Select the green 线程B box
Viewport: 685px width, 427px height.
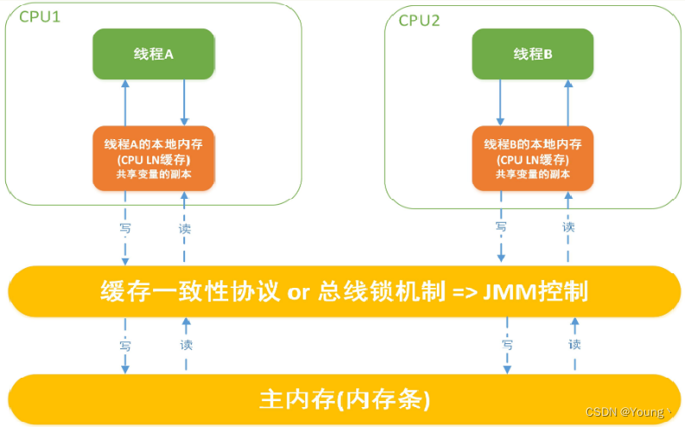pyautogui.click(x=532, y=53)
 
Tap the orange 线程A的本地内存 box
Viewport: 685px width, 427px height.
pyautogui.click(x=153, y=158)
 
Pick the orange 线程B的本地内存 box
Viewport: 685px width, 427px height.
pyautogui.click(x=533, y=158)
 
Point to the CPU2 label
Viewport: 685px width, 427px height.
pyautogui.click(x=419, y=21)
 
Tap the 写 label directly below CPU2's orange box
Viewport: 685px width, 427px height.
pyautogui.click(x=501, y=227)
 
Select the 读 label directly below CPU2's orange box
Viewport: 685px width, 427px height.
pyautogui.click(x=568, y=227)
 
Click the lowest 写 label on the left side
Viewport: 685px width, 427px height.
pyautogui.click(x=125, y=344)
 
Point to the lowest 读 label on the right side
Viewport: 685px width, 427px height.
pyautogui.click(x=574, y=344)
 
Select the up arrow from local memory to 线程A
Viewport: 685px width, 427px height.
pyautogui.click(x=125, y=103)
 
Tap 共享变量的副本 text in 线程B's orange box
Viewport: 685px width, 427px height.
pyautogui.click(x=533, y=175)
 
